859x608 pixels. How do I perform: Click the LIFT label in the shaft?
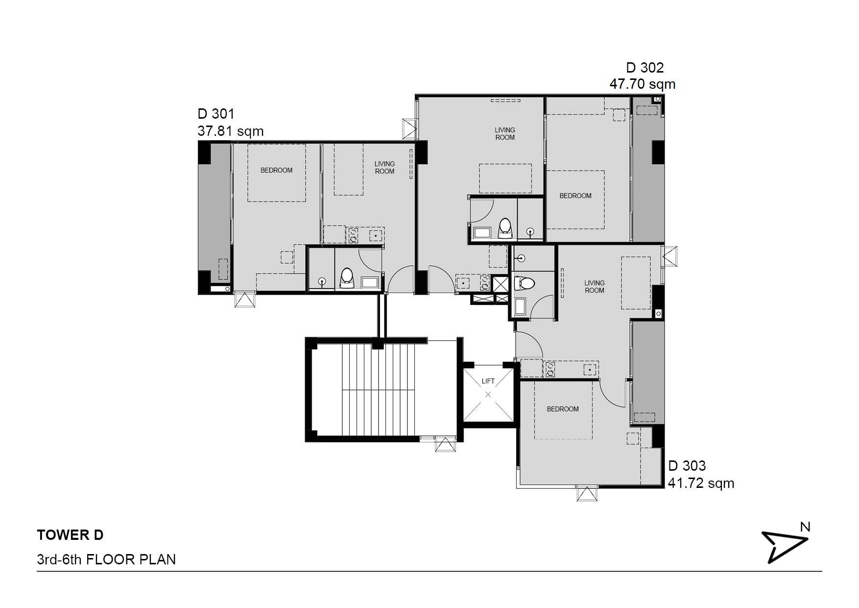tap(488, 381)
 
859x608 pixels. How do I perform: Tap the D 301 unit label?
tap(216, 114)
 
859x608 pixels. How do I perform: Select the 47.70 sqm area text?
tap(643, 84)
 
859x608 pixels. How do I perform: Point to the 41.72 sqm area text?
tap(701, 483)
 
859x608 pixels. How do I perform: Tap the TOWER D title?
tap(70, 535)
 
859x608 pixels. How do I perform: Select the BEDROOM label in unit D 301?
tap(276, 170)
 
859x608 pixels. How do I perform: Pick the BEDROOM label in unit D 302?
tap(575, 196)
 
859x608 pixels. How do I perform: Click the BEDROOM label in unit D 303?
tap(563, 409)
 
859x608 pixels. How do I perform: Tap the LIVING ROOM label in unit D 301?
tap(384, 168)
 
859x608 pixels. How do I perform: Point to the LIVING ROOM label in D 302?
tap(505, 133)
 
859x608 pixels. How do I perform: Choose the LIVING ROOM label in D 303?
tap(595, 286)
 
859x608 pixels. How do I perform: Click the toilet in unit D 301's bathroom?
tap(347, 279)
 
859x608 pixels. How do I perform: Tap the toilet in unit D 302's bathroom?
tap(505, 228)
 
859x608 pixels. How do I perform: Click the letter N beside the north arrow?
tap(805, 527)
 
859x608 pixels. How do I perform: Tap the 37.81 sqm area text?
tap(231, 131)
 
